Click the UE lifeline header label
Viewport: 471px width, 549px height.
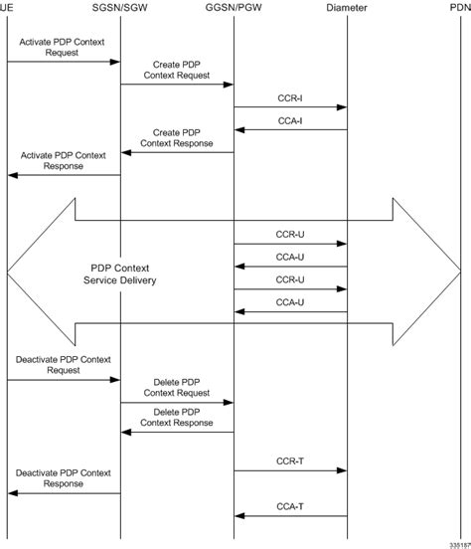[7, 7]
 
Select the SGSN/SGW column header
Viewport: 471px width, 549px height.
[120, 7]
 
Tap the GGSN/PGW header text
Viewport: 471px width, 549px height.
[234, 7]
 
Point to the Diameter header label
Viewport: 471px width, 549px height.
[347, 7]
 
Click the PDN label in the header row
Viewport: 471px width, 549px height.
[459, 7]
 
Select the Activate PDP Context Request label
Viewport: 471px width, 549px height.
[62, 48]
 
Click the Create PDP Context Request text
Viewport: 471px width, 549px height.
[177, 70]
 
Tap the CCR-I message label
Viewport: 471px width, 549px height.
[290, 99]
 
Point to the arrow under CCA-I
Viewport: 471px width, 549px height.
[290, 129]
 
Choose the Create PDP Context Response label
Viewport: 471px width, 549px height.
[177, 137]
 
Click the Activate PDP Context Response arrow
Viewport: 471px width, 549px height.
[64, 174]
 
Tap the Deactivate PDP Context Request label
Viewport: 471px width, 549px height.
[64, 362]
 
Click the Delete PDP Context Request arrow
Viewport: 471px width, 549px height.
[177, 402]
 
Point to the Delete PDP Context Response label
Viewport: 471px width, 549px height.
[177, 417]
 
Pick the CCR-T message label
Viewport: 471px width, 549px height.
[290, 461]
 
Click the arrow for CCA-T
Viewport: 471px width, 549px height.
[290, 515]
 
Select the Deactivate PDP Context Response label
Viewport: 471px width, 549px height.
[64, 478]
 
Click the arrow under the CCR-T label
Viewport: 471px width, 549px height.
[290, 470]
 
